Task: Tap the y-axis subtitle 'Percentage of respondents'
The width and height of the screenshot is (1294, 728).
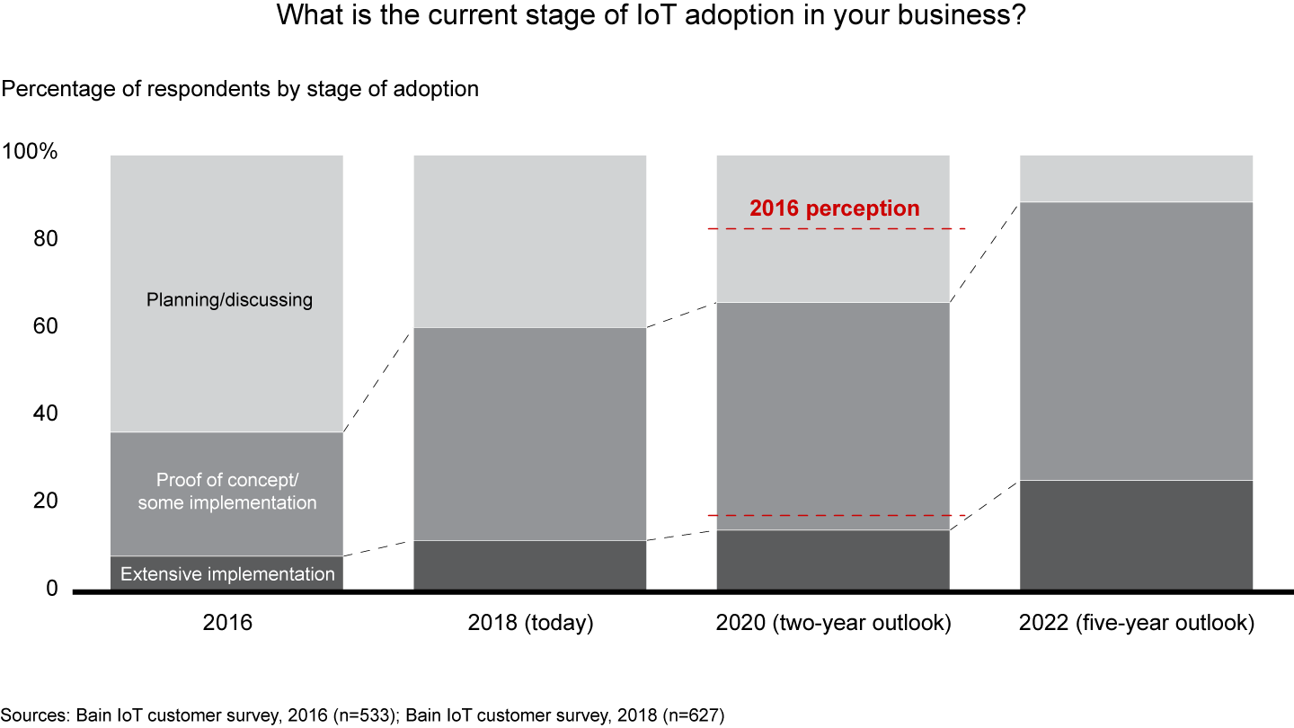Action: click(240, 89)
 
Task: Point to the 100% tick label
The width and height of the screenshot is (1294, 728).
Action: click(30, 152)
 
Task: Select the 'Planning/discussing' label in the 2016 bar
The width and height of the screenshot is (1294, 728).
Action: click(229, 299)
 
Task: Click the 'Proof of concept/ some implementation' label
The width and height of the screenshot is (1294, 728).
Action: click(227, 491)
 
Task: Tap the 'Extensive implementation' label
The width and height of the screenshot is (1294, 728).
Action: click(227, 574)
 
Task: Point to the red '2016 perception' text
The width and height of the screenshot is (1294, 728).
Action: click(835, 209)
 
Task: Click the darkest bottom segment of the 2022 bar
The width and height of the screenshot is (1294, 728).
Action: click(1136, 535)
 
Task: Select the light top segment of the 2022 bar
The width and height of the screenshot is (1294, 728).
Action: click(1136, 178)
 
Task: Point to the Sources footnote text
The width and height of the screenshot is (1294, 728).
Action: click(362, 715)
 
